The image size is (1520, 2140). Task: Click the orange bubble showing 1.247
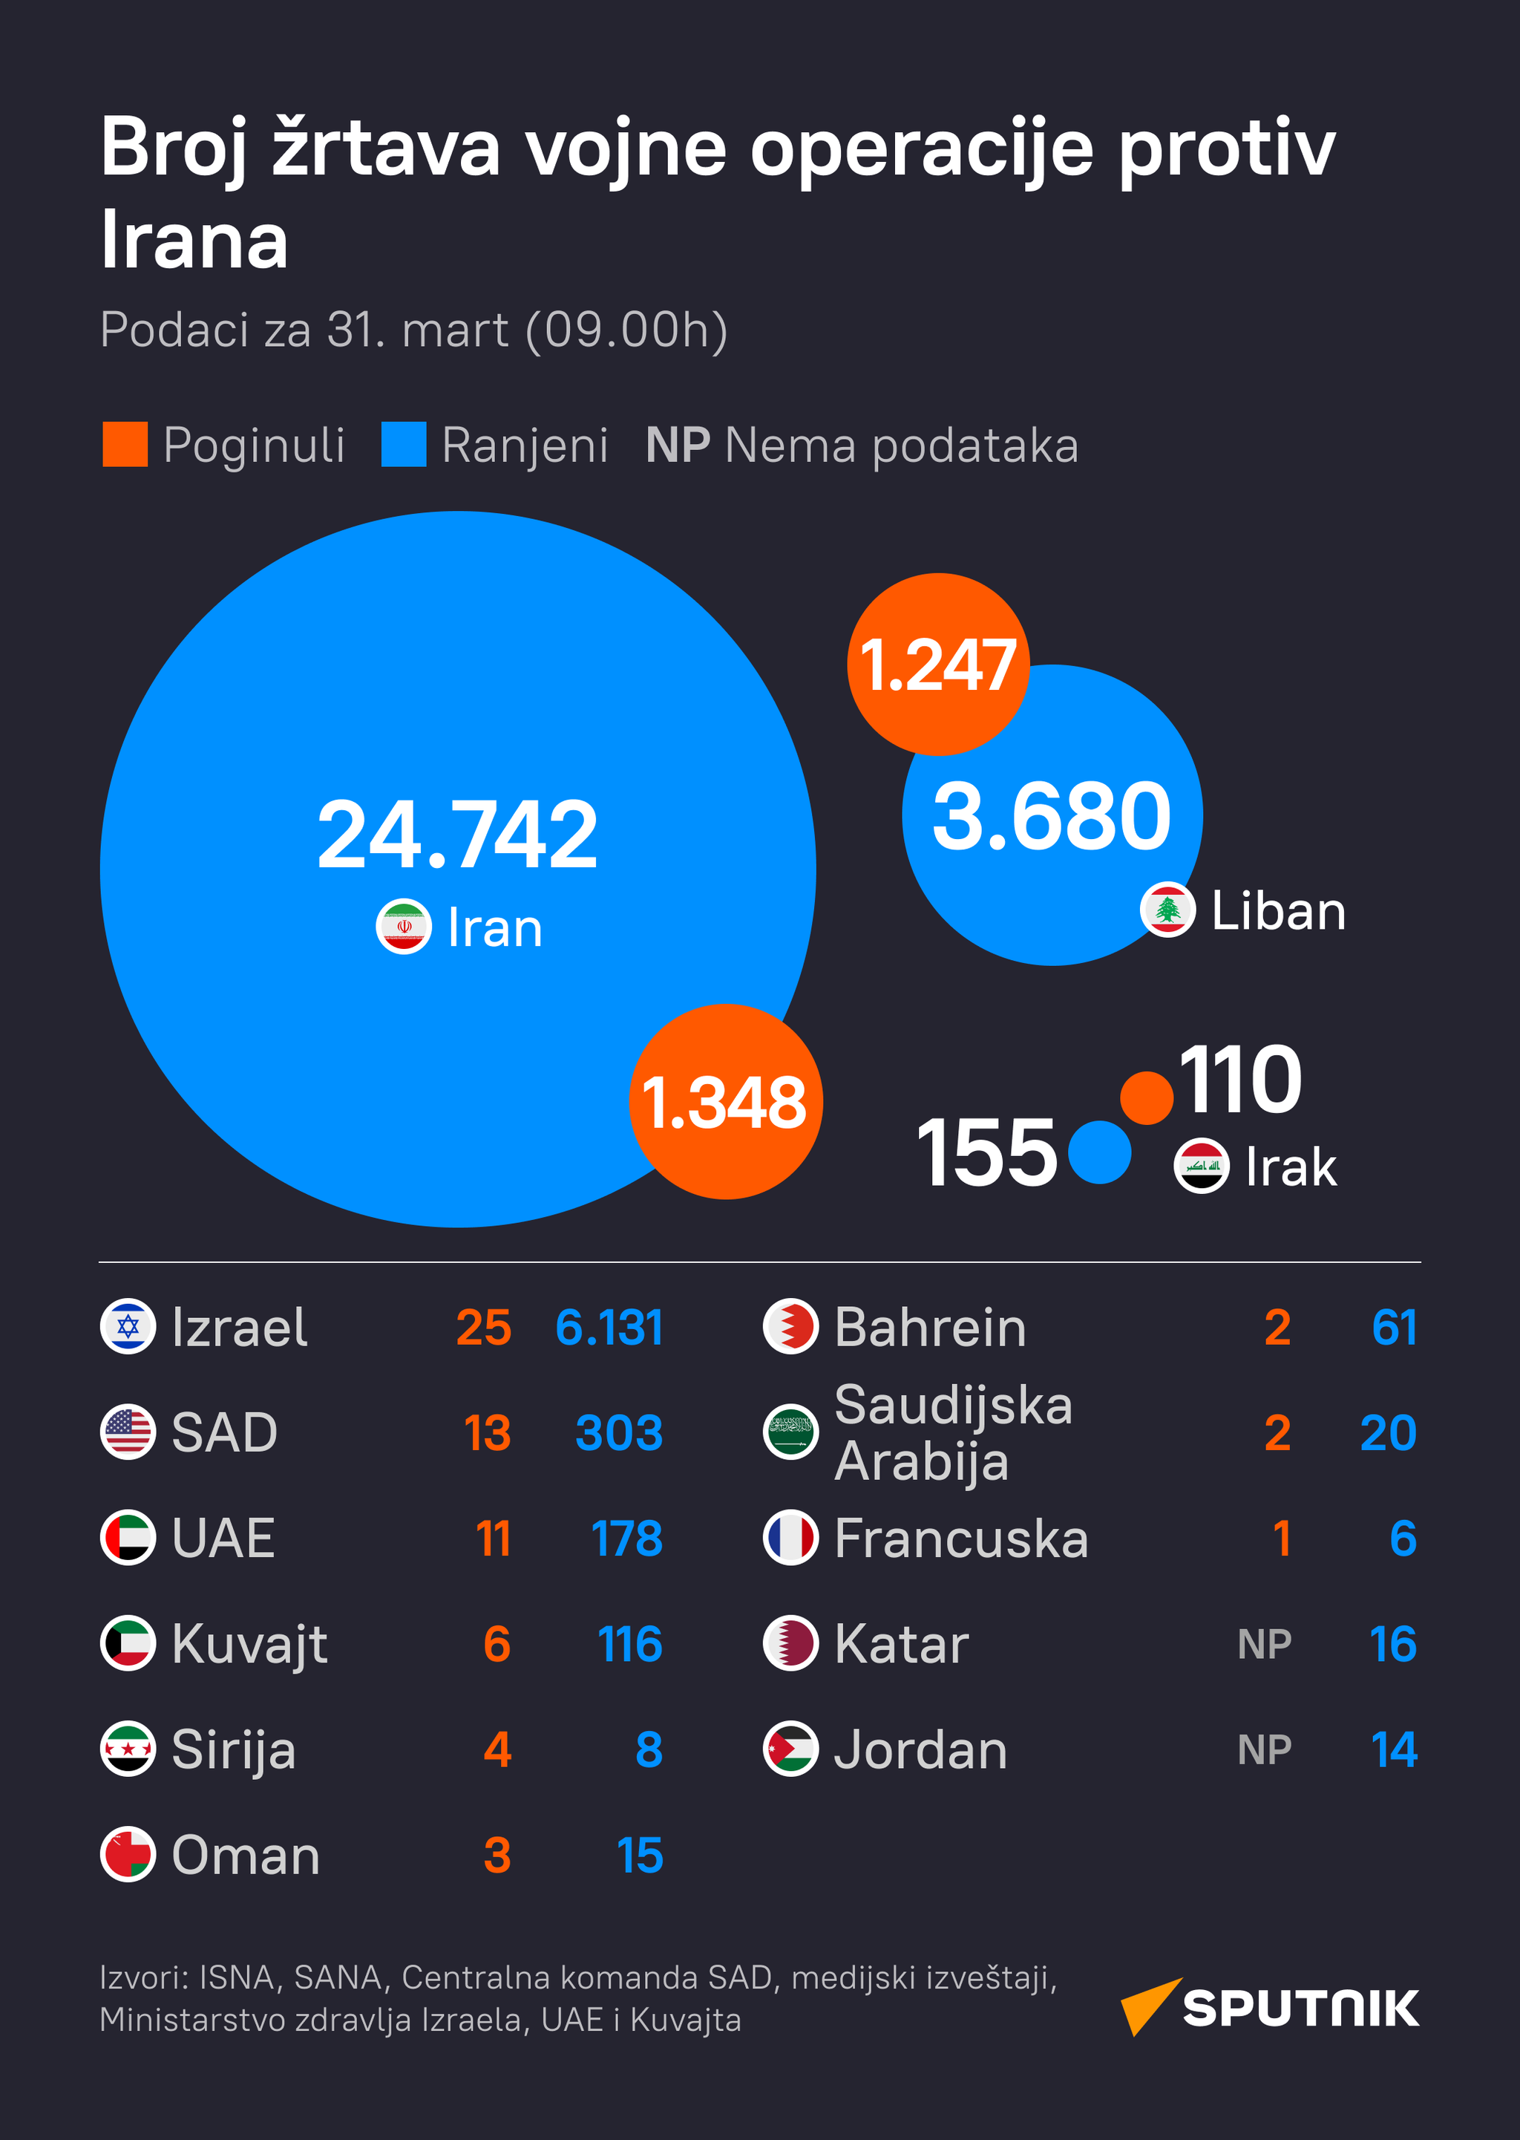pos(938,664)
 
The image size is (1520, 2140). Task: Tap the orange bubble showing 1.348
pos(725,1101)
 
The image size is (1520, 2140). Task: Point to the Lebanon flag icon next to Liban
pos(1167,909)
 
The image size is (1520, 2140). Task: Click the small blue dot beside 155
pos(1100,1152)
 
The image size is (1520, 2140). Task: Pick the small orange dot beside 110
pos(1147,1097)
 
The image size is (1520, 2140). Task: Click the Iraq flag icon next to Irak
pos(1202,1167)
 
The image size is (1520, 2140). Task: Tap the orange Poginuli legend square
pos(125,444)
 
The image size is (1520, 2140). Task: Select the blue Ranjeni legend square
pos(404,444)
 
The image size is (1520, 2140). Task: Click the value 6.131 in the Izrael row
pos(609,1328)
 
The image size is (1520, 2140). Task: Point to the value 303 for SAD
pos(619,1433)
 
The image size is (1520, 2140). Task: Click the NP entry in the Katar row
pos(1265,1645)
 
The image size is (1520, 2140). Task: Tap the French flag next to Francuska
pos(791,1538)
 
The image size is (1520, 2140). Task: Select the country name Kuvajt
pos(249,1645)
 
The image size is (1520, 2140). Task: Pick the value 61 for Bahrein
pos(1394,1328)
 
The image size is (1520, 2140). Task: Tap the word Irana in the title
pos(194,241)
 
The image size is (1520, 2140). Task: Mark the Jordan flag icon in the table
pos(791,1749)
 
